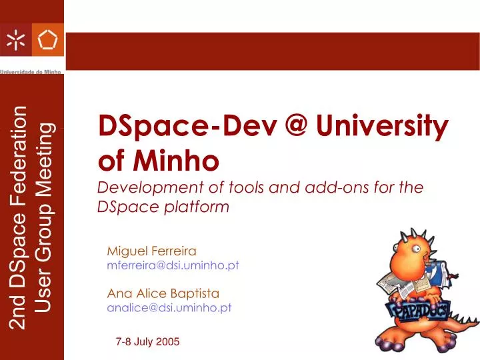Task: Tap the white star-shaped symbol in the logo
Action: click(x=15, y=41)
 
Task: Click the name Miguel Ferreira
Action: click(x=151, y=251)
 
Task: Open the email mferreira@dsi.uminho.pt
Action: click(x=173, y=265)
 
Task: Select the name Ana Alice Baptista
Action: click(x=163, y=293)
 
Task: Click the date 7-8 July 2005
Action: click(x=147, y=341)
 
